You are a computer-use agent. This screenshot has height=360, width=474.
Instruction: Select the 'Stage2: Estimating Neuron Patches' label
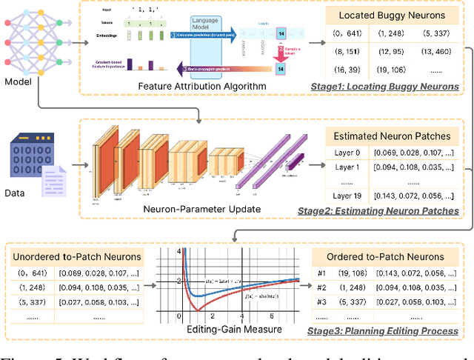pos(378,211)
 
